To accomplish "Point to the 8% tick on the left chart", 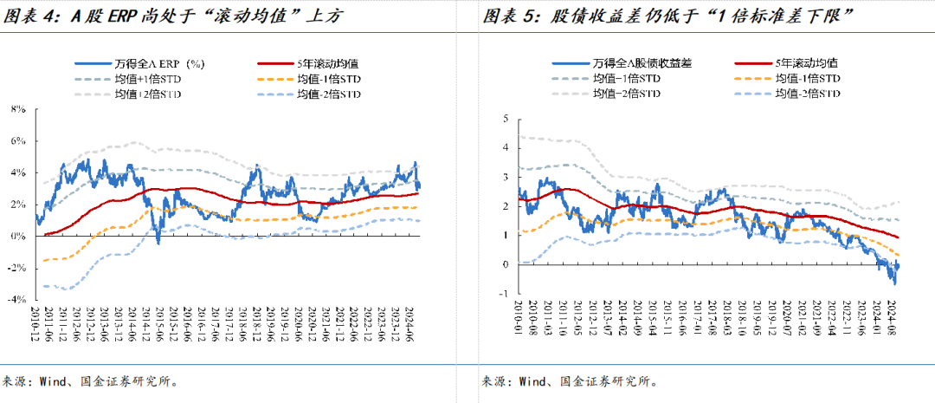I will [x=18, y=109].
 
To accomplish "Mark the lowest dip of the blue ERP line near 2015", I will [x=158, y=243].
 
